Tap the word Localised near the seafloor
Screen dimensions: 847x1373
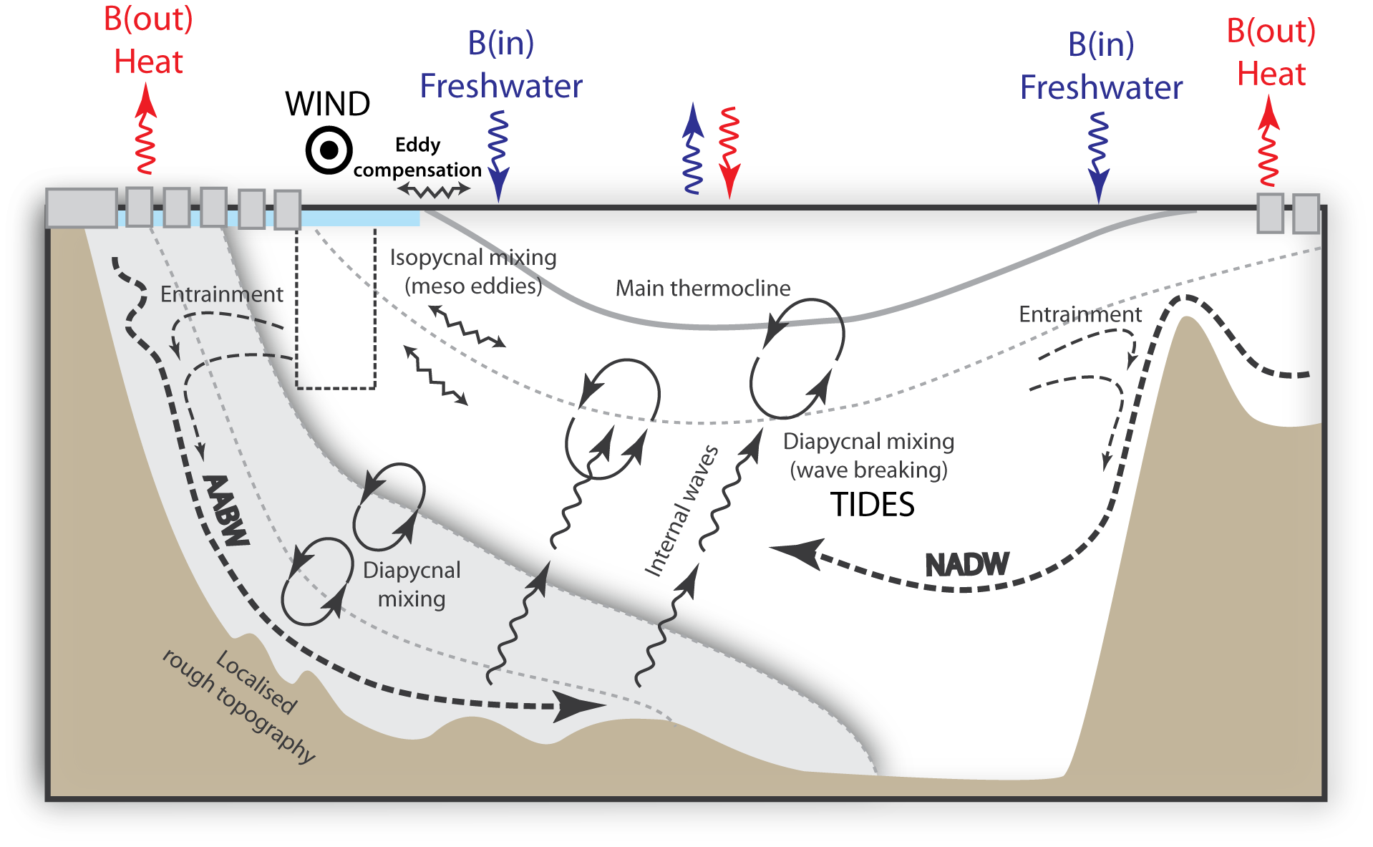(x=256, y=682)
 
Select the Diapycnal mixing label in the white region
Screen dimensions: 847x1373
(x=412, y=584)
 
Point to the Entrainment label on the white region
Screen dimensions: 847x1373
(x=221, y=294)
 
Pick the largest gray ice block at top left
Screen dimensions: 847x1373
(x=81, y=208)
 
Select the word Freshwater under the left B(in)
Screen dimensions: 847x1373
(x=500, y=87)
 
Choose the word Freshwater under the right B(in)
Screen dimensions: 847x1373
(x=1101, y=88)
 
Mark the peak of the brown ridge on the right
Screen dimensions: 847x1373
(x=1186, y=319)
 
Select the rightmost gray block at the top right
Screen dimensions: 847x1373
(x=1306, y=213)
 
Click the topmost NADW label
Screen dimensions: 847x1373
(x=967, y=566)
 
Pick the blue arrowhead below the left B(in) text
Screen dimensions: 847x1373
(x=498, y=190)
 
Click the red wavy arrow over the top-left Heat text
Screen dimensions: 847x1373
(x=146, y=129)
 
